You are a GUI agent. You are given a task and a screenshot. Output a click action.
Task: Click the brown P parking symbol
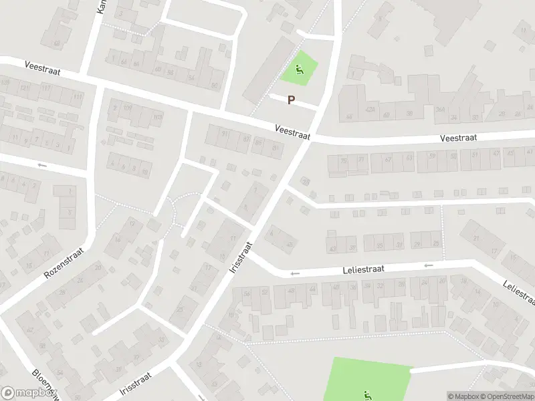point(291,100)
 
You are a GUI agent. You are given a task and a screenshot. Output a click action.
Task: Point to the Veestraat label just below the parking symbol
point(292,131)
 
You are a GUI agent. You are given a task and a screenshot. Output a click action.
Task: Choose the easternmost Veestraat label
point(458,137)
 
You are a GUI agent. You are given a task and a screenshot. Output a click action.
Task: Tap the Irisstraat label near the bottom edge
point(136,384)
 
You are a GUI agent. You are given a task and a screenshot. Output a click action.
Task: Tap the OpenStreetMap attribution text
point(509,396)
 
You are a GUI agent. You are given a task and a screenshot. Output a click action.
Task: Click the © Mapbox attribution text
point(465,396)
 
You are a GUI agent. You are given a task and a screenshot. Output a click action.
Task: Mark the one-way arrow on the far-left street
point(43,165)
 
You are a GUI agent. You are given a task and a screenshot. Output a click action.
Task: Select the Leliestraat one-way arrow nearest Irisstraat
point(294,273)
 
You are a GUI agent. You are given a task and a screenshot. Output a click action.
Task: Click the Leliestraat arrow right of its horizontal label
point(428,265)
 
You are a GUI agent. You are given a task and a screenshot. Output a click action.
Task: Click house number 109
point(127,108)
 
